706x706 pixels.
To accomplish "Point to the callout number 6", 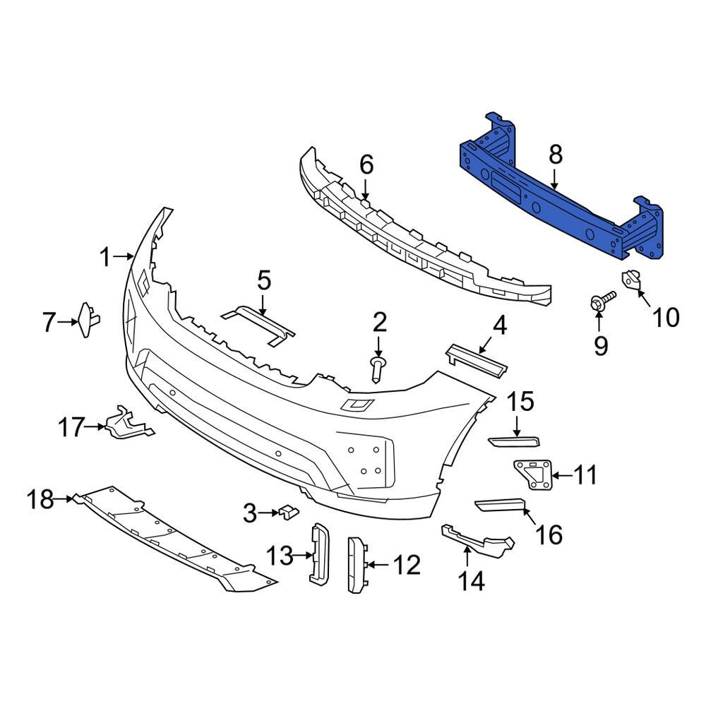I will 366,165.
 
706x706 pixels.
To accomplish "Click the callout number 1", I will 105,258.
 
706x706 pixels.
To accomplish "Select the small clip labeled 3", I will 288,511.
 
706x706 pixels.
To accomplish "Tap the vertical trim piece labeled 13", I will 318,555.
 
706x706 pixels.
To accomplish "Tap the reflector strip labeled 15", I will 514,442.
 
